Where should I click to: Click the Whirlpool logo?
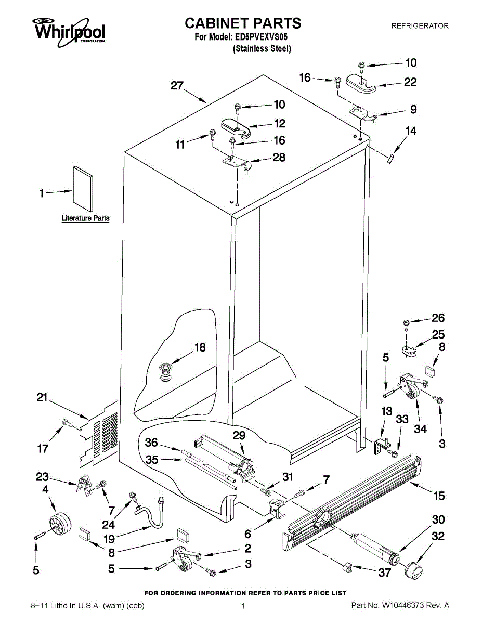pos(69,30)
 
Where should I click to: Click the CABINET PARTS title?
pos(243,23)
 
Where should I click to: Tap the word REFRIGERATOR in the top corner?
pos(420,25)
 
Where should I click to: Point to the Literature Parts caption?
pos(85,218)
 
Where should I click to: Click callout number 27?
pos(177,86)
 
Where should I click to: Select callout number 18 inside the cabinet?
pos(200,348)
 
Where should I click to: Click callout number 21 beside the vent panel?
pos(42,398)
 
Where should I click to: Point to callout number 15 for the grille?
pos(439,496)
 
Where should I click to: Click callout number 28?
pos(279,157)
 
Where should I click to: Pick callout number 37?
pos(384,573)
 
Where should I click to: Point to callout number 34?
pos(420,429)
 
